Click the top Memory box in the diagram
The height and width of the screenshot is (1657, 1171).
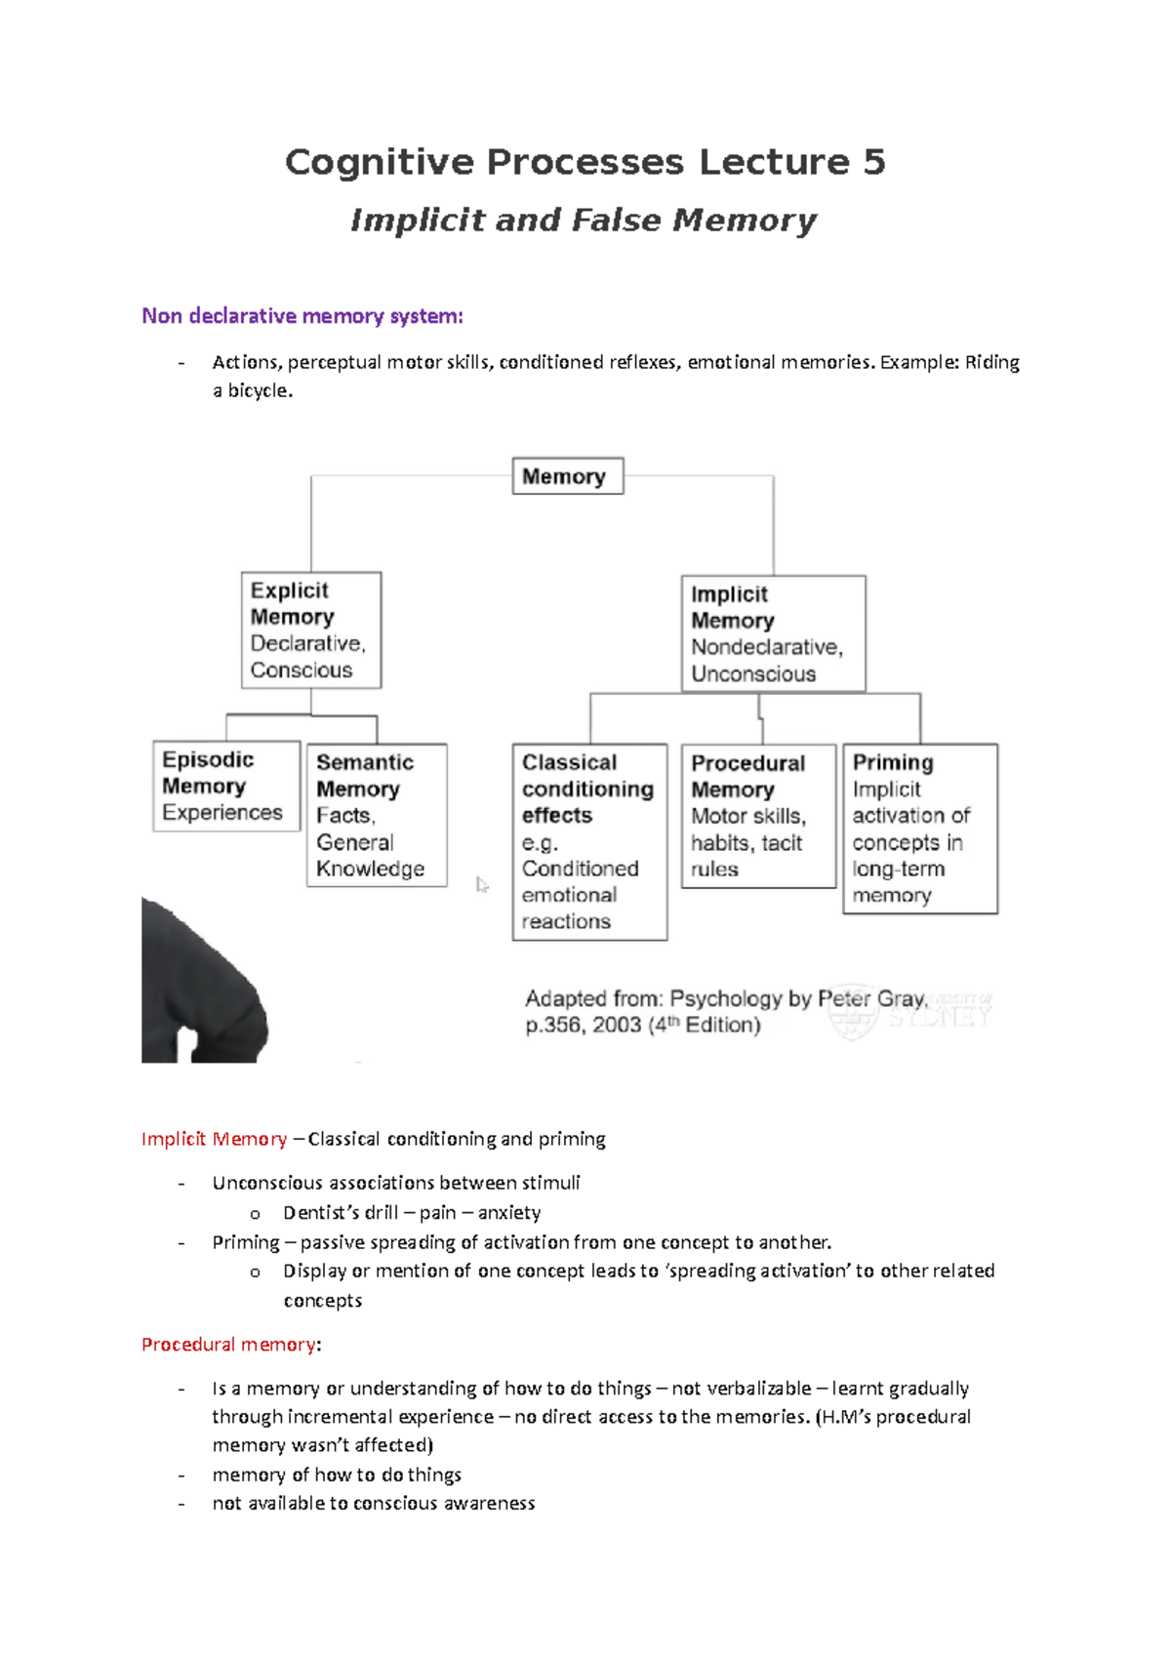pyautogui.click(x=567, y=476)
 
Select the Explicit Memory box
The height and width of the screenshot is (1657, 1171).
pyautogui.click(x=311, y=630)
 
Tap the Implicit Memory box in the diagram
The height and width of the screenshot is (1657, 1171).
pyautogui.click(x=773, y=633)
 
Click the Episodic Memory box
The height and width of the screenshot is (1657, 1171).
pyautogui.click(x=226, y=787)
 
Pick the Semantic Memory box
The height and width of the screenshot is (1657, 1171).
pyautogui.click(x=377, y=815)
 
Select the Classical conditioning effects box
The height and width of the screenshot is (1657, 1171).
pyautogui.click(x=589, y=841)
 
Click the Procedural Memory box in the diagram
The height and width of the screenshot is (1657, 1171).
pyautogui.click(x=758, y=816)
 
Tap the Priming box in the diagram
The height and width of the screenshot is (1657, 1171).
pyautogui.click(x=919, y=828)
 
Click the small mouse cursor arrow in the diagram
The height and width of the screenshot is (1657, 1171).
pyautogui.click(x=482, y=885)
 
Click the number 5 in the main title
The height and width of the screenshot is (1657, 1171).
pyautogui.click(x=873, y=162)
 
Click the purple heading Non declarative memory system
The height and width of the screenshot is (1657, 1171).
pyautogui.click(x=302, y=316)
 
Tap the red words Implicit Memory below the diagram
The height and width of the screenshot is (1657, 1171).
pyautogui.click(x=214, y=1139)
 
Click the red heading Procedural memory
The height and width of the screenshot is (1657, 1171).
pyautogui.click(x=228, y=1345)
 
